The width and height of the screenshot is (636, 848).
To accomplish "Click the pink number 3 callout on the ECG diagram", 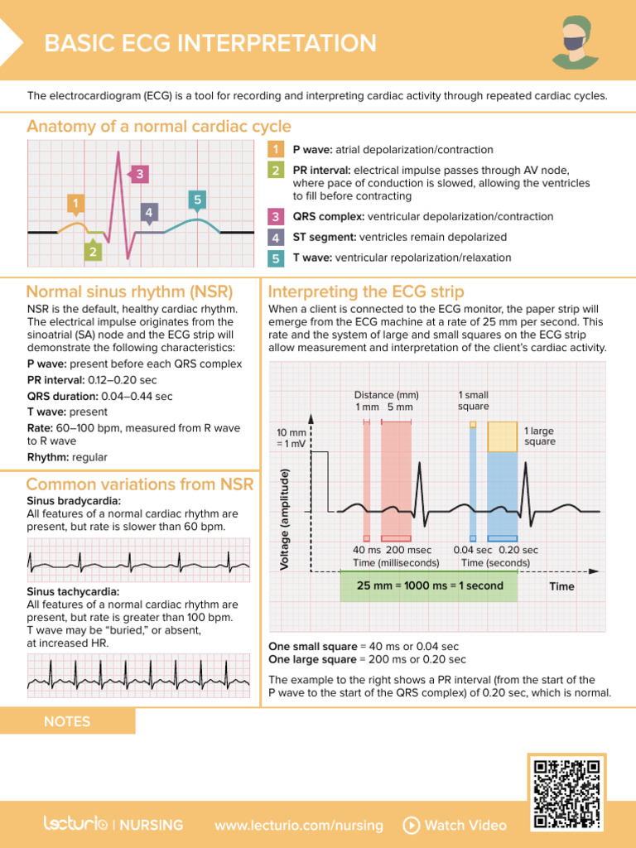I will coord(140,174).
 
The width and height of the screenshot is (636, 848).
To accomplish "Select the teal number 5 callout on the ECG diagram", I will coord(196,200).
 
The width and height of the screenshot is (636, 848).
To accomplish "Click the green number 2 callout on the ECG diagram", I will coord(93,251).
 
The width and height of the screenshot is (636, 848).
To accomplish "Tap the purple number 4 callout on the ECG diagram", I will coord(148,213).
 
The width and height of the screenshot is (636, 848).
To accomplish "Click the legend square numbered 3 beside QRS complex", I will coord(275,217).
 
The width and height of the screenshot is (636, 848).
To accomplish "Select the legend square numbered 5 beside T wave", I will coord(275,258).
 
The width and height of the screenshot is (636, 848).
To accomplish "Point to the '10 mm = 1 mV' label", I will coord(292,438).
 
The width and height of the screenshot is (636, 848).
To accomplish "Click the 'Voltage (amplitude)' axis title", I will coord(284,518).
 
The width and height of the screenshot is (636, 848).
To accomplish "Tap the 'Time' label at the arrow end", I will coord(561,586).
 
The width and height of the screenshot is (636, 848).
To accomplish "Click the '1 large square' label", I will coord(539,436).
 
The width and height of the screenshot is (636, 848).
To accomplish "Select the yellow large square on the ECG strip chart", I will coord(502,437).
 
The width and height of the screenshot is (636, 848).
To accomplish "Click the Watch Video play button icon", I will coord(411,825).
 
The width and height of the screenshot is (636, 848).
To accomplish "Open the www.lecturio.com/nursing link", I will coord(299,825).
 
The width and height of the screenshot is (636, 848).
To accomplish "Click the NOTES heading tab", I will coord(67,721).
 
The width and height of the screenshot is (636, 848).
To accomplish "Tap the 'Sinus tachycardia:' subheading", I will coord(73,592).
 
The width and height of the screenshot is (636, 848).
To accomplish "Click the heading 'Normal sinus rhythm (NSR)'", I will coord(129,291).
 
